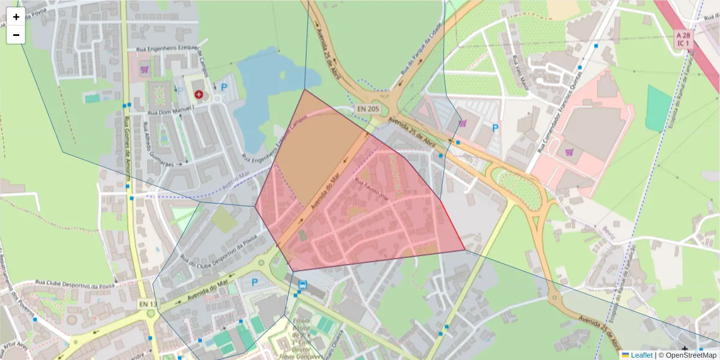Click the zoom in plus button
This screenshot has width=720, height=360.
click(x=16, y=17)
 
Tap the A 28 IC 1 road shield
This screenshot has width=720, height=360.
click(x=682, y=40)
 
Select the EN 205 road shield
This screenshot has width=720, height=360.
click(x=367, y=109)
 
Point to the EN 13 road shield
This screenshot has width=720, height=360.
click(x=148, y=304)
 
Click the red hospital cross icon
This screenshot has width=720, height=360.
click(x=199, y=94)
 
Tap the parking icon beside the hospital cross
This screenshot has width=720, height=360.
click(x=224, y=87)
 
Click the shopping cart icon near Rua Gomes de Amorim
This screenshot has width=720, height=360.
click(x=144, y=69)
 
